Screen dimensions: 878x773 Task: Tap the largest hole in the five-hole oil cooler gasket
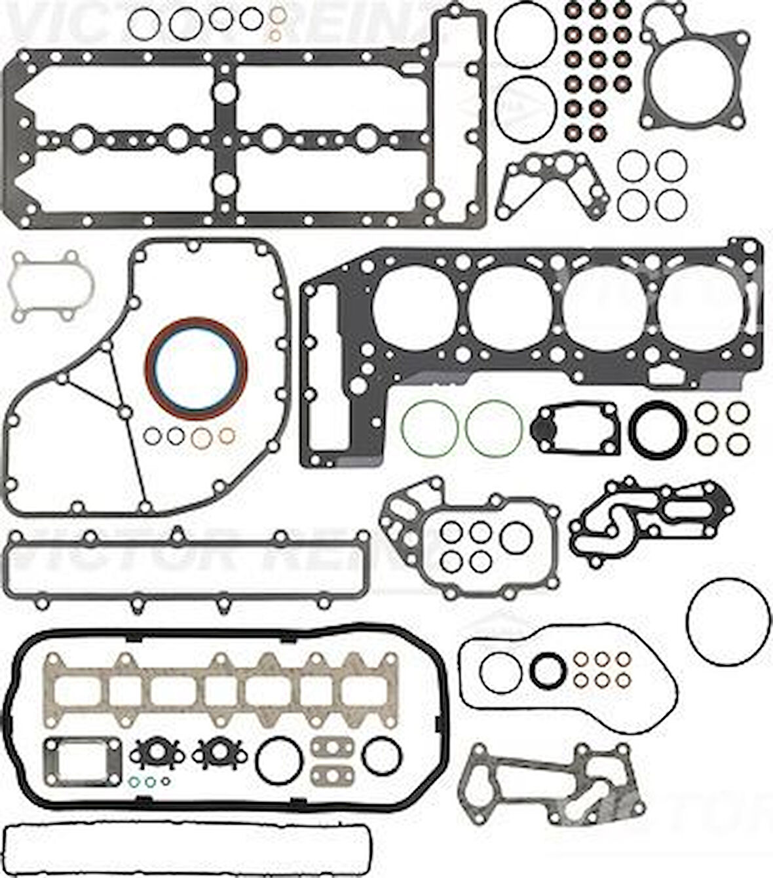click(x=516, y=537)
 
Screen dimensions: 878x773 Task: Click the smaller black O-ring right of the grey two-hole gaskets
click(x=381, y=755)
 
